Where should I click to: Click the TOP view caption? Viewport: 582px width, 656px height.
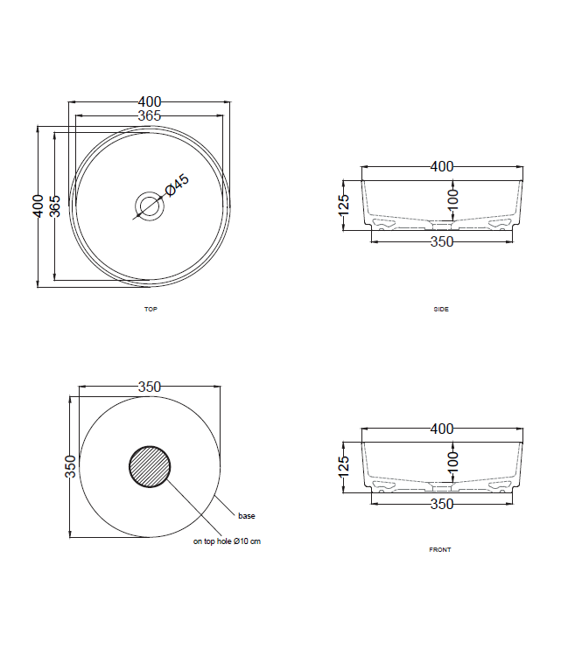[151, 310]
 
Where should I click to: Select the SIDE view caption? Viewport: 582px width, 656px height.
[441, 310]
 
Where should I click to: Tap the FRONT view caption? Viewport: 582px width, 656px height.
[440, 549]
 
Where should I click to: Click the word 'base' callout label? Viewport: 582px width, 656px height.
[247, 516]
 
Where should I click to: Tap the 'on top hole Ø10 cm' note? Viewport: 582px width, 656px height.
[227, 541]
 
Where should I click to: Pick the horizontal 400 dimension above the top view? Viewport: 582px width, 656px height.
[150, 103]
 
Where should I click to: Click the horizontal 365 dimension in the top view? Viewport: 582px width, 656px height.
[150, 115]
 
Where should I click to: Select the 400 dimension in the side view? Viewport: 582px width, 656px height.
[442, 166]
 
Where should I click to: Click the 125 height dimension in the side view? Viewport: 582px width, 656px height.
[344, 203]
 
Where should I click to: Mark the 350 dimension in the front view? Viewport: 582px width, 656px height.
[442, 504]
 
